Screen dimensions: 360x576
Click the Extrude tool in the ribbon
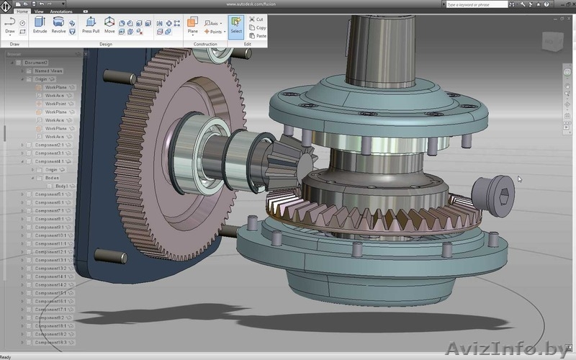pyautogui.click(x=40, y=24)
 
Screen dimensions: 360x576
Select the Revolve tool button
pyautogui.click(x=58, y=24)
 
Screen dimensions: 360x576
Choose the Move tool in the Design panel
pyautogui.click(x=109, y=24)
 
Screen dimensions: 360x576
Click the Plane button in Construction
pyautogui.click(x=192, y=24)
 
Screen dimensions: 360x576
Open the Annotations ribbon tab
pyautogui.click(x=61, y=12)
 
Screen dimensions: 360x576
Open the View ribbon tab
pyautogui.click(x=39, y=12)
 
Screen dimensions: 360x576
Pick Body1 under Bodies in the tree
pyautogui.click(x=62, y=186)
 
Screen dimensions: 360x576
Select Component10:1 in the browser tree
pyautogui.click(x=51, y=235)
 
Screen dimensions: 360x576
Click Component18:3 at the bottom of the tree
pyautogui.click(x=51, y=342)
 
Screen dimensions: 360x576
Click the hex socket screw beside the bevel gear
pyautogui.click(x=493, y=193)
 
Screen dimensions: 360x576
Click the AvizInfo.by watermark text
pyautogui.click(x=508, y=349)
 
